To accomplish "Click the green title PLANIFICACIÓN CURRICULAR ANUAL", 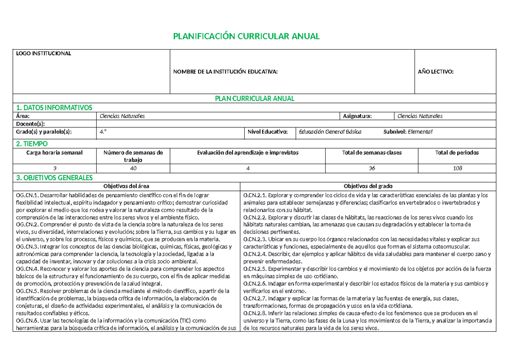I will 246,36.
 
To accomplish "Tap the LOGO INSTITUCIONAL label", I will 43,53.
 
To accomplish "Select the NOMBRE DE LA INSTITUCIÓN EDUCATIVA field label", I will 225,72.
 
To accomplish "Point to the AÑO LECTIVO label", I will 436,72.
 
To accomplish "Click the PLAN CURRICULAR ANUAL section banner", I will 254,98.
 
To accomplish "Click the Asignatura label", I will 358,116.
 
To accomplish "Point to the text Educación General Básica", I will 330,132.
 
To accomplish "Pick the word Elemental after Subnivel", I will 420,132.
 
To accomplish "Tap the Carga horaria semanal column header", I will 55,152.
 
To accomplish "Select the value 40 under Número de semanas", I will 133,168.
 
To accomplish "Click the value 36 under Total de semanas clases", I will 372,168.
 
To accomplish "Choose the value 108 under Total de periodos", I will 457,168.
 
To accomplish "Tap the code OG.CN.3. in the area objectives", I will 27,247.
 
